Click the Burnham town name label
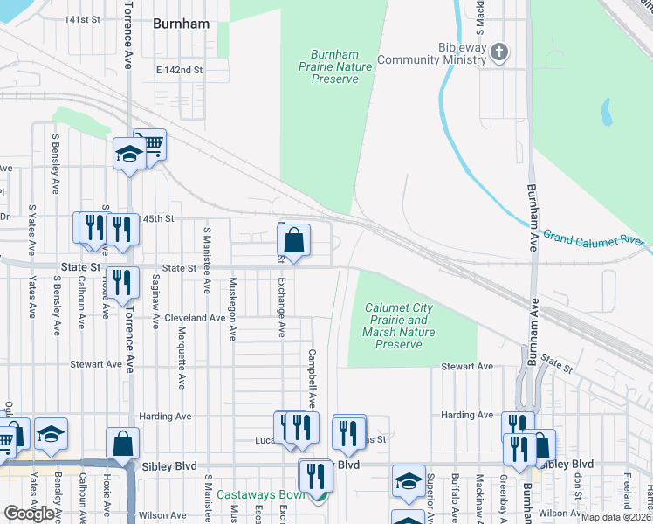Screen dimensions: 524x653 tap(181, 24)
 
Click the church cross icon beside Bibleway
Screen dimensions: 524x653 tap(499, 52)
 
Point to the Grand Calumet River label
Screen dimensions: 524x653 tap(593, 238)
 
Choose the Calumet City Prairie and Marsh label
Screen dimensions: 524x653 tap(398, 326)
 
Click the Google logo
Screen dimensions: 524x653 tap(30, 513)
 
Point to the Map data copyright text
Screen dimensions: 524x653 tap(614, 517)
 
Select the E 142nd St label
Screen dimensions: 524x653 tap(179, 69)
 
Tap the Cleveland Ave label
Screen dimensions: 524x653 tap(195, 318)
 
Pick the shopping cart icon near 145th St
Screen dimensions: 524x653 tap(152, 143)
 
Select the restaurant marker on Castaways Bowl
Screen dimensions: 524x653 tap(315, 476)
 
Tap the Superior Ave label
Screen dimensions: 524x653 tap(430, 493)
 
